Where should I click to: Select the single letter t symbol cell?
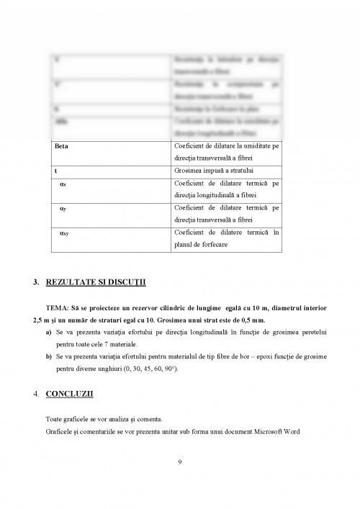pyautogui.click(x=56, y=171)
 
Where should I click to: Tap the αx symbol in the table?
pyautogui.click(x=63, y=184)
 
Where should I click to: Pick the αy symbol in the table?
pyautogui.click(x=63, y=208)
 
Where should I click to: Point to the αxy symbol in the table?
pyautogui.click(x=64, y=233)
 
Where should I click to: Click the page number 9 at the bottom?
pyautogui.click(x=179, y=461)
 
